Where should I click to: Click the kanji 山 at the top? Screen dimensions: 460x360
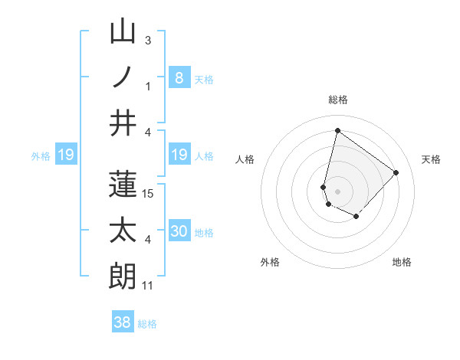point(123,33)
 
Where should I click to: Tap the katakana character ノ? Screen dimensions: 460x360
point(123,77)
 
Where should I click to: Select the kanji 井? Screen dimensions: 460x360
point(123,123)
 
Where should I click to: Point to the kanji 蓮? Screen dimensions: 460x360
point(123,185)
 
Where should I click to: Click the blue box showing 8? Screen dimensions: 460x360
point(179,77)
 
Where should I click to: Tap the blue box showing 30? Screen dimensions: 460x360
point(179,231)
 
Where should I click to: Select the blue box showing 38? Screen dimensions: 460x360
point(123,322)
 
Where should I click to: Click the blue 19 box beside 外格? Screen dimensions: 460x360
point(65,155)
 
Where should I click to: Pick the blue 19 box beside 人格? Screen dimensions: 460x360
point(179,155)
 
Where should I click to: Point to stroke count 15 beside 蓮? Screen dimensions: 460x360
point(149,194)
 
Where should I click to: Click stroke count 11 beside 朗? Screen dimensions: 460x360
point(149,286)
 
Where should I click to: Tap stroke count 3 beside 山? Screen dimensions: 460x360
point(147,40)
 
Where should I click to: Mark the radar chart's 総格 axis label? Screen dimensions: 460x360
point(337,100)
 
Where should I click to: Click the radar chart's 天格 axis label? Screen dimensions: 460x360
point(432,159)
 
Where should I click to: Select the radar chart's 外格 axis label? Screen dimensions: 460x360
point(270,262)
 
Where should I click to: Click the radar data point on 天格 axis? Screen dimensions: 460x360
point(396,172)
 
